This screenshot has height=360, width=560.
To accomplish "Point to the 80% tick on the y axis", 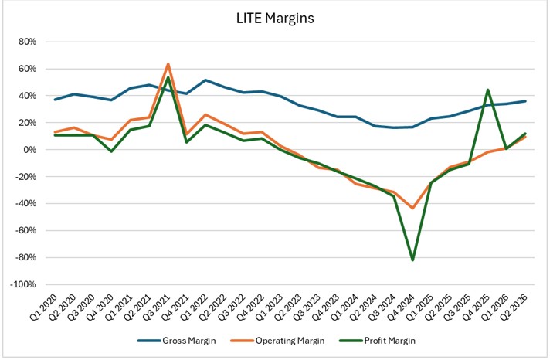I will (26, 42).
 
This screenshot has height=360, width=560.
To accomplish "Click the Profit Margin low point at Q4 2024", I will (412, 260).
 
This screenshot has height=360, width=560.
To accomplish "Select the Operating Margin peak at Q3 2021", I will (168, 63).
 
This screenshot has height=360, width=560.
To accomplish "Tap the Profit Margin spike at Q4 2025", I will (487, 90).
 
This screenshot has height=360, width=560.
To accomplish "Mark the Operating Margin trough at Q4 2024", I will (412, 209).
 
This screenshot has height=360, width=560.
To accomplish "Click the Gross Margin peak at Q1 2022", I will (205, 80).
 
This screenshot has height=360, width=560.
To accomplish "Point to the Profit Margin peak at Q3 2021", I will (168, 77).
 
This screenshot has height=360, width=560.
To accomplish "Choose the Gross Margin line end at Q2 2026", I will (525, 101).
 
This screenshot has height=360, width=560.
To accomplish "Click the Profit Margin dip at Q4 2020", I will (111, 151).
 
